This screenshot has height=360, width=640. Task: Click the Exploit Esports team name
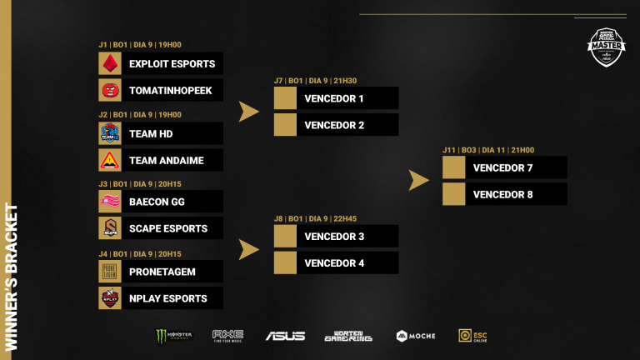(172, 63)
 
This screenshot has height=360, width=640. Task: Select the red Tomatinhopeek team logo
(110, 90)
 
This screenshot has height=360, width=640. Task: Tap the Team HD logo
(110, 133)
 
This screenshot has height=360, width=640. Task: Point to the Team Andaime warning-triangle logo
(110, 160)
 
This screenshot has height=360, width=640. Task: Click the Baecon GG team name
(157, 202)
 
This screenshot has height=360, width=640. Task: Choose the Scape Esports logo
(110, 228)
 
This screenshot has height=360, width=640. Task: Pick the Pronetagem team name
(163, 272)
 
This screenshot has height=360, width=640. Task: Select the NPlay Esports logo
(110, 298)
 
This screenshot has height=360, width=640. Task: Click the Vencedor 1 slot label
(334, 98)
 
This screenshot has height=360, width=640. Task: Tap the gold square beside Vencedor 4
(286, 263)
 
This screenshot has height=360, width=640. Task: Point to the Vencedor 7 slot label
(502, 168)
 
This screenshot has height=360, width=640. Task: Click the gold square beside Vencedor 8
(454, 195)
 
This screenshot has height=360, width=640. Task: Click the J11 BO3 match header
(487, 151)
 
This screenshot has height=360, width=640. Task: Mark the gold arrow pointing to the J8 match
(249, 249)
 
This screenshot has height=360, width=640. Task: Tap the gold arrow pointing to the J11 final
(419, 180)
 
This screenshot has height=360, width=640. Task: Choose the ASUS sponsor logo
(285, 336)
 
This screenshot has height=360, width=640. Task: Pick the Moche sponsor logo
(414, 336)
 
